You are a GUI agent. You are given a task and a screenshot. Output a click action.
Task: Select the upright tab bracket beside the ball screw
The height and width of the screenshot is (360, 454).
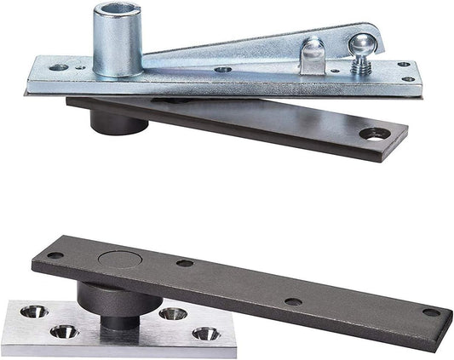pos(313,58)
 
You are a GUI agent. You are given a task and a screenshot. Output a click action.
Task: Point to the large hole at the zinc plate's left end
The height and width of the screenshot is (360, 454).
pos(58,66)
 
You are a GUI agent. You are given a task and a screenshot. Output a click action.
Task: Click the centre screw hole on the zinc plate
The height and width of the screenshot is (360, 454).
pos(222,70)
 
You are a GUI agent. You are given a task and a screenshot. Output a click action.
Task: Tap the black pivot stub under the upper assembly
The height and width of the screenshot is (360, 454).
pos(118,122)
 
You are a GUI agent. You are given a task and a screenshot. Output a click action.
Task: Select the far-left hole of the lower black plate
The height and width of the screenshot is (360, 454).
pos(55,254)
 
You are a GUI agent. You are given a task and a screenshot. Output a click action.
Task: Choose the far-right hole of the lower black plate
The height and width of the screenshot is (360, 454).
pos(431,312)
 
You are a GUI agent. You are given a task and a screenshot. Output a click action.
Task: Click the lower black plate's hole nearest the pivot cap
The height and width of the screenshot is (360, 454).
pos(184,263)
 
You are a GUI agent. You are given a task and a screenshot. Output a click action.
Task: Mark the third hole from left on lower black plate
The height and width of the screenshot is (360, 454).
pos(293,301)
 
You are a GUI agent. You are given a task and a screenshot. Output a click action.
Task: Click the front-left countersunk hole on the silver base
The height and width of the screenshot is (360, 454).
pos(61,331)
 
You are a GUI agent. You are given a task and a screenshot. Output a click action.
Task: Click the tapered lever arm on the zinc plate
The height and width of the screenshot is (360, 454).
pos(230,50)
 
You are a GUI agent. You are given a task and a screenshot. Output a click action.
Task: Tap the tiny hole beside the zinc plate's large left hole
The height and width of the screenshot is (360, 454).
pos(79,63)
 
